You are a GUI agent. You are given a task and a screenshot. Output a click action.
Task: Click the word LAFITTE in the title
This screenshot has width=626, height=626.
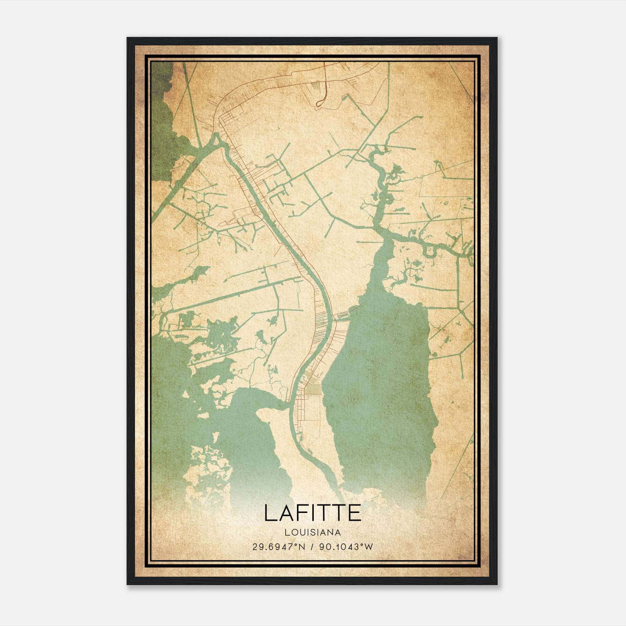point(312,513)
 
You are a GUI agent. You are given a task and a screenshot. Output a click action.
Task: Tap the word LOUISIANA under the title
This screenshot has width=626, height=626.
point(312,532)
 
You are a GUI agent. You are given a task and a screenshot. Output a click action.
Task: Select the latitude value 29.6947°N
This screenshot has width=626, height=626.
point(279,547)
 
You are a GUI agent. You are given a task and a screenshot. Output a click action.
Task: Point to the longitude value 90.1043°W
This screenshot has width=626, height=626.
point(346,547)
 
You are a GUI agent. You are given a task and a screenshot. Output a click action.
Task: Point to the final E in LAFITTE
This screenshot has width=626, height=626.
point(354,513)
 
